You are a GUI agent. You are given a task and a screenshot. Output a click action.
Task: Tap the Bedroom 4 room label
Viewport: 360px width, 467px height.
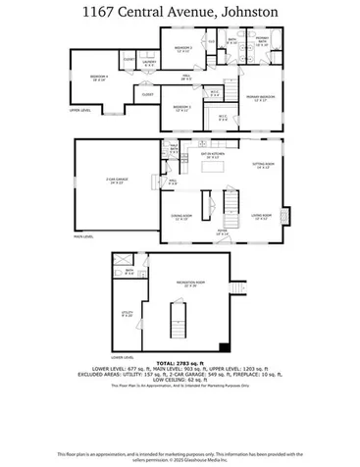point(98,78)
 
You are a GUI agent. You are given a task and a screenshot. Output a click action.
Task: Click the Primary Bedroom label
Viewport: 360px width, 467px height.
point(260,98)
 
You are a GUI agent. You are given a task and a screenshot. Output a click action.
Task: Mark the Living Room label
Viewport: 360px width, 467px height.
point(260,217)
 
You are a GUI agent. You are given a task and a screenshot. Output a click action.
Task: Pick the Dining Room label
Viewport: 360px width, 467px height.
point(181,218)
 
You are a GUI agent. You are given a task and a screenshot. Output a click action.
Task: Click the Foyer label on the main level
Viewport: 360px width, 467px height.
point(223,233)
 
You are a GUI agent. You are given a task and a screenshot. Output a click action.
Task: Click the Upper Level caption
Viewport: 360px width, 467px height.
point(80,111)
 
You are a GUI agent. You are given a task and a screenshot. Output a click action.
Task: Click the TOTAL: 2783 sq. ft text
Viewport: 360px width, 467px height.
point(180,363)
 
